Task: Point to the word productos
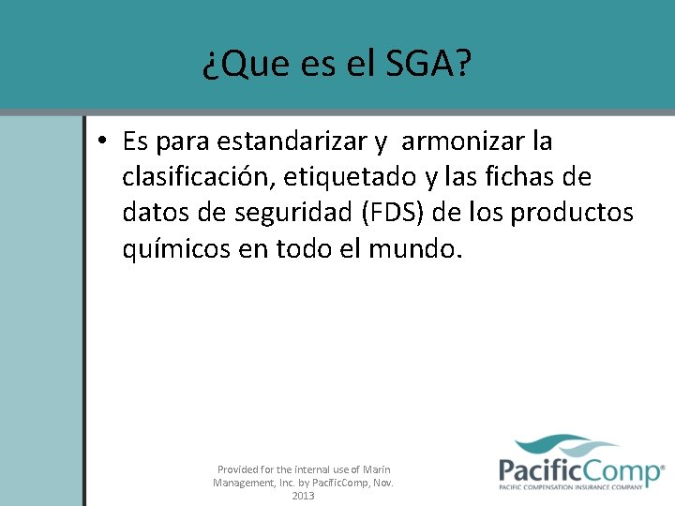pos(572,214)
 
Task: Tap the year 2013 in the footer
pos(303,496)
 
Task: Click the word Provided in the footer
pos(240,469)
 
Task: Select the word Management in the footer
pos(244,483)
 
